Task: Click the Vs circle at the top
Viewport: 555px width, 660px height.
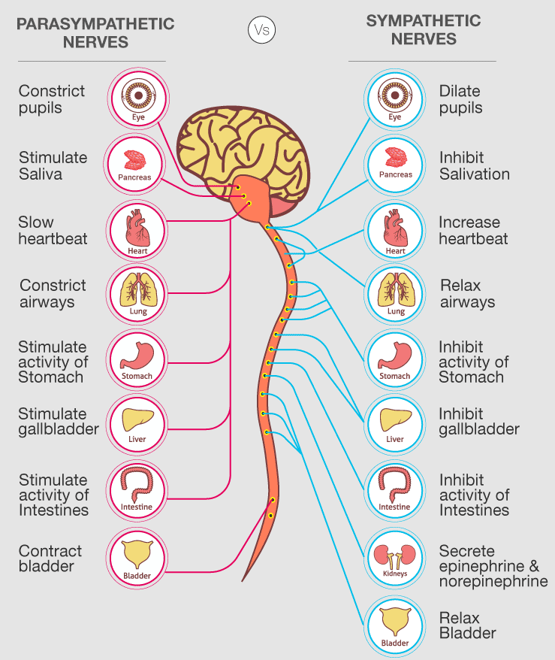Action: click(261, 30)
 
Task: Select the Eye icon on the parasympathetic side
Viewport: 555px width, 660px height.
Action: click(138, 98)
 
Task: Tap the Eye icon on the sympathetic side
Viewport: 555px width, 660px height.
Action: click(395, 98)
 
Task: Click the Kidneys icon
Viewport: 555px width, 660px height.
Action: click(395, 557)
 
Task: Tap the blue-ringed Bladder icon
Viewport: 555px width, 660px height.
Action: click(395, 625)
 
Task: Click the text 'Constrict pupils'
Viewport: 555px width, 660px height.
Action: click(52, 99)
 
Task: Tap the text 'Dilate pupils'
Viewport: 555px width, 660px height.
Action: click(460, 99)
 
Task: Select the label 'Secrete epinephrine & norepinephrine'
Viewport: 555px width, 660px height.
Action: click(493, 566)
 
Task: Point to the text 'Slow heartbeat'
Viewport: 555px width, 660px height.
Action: click(53, 231)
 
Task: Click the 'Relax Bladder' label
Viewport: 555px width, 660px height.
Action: click(467, 625)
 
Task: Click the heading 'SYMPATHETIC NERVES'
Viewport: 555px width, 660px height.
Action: click(422, 29)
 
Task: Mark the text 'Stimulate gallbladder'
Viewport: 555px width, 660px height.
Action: click(59, 422)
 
